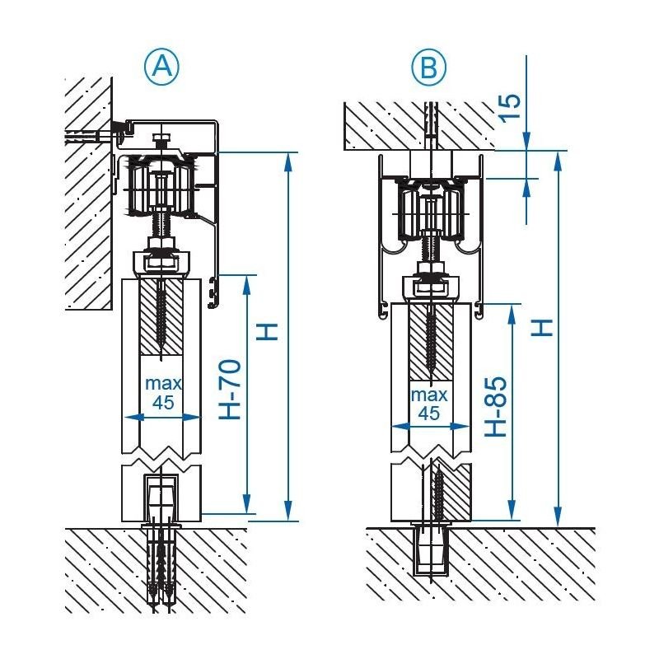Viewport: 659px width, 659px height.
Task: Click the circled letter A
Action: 161,66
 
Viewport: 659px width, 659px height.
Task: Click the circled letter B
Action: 428,67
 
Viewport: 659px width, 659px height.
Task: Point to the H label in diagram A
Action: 269,330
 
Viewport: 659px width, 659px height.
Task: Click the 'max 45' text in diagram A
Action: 163,393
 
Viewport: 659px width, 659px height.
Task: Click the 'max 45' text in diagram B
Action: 428,404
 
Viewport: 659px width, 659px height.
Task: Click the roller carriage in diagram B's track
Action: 429,211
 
